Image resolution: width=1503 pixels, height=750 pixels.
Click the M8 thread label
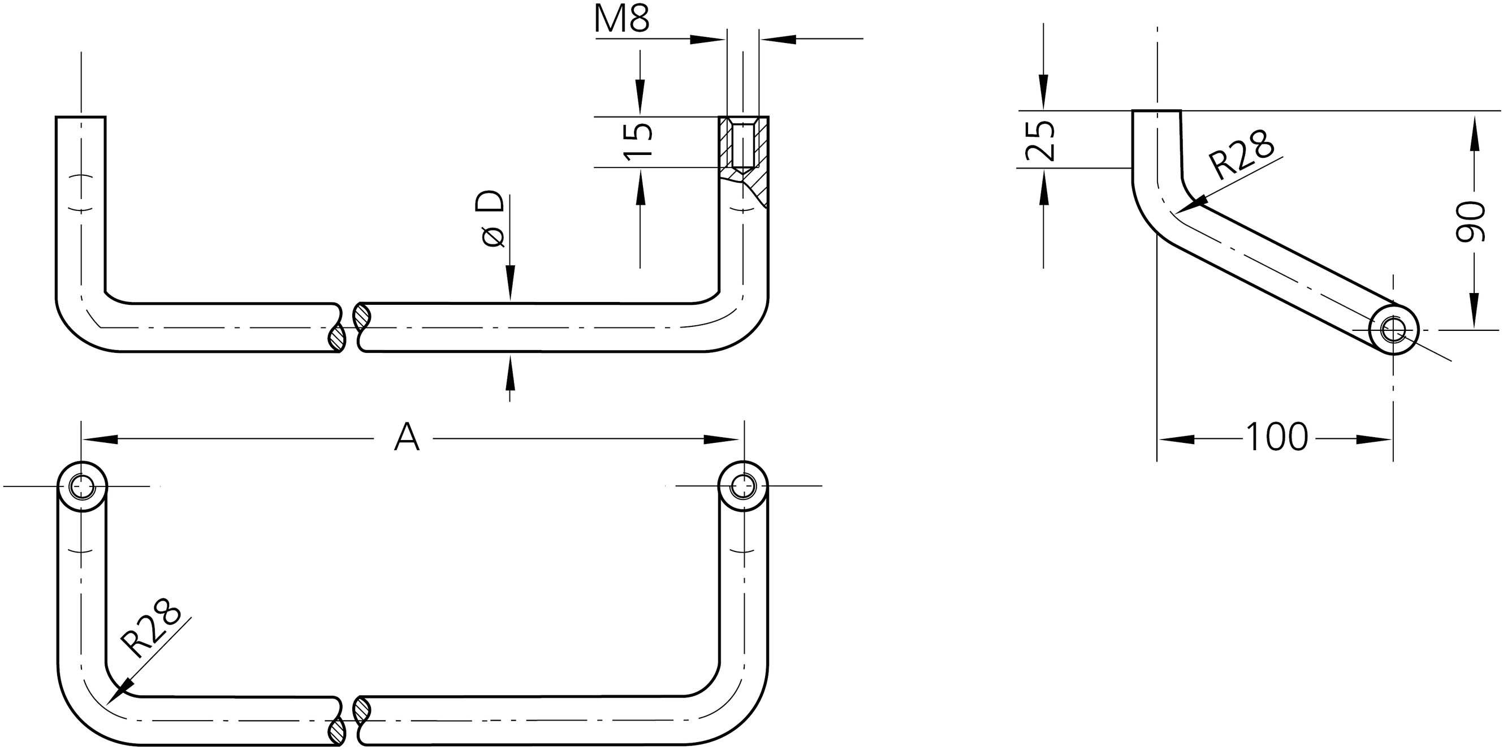pyautogui.click(x=622, y=19)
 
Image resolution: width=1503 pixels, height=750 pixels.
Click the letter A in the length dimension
pyautogui.click(x=407, y=438)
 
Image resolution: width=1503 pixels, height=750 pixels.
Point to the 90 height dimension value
pyautogui.click(x=1469, y=221)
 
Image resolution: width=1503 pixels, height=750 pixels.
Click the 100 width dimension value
pyautogui.click(x=1277, y=438)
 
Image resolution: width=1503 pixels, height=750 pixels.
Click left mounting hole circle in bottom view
pyautogui.click(x=82, y=486)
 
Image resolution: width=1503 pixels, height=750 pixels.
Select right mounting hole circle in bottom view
pyautogui.click(x=743, y=486)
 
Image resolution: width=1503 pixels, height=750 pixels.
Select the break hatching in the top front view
pyautogui.click(x=362, y=316)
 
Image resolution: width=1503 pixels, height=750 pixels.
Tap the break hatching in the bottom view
pyautogui.click(x=362, y=710)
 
